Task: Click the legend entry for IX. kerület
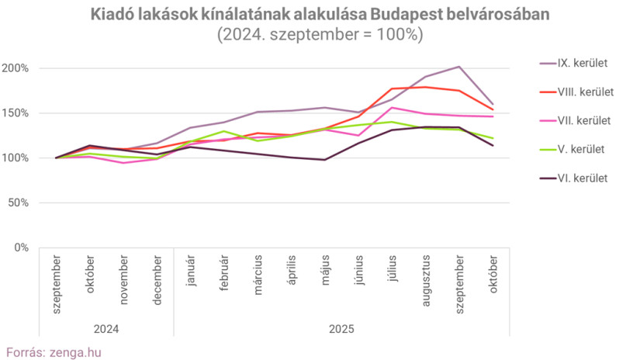pos(582,63)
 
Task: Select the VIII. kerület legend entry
pos(585,92)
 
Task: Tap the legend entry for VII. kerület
pos(583,120)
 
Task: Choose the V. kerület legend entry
pos(581,149)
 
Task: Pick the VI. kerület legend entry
pos(583,178)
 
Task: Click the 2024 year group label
pos(106,329)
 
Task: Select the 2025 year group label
pos(341,329)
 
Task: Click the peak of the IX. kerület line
pos(459,67)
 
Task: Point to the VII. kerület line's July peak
pos(392,107)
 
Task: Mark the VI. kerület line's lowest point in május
pos(324,160)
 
